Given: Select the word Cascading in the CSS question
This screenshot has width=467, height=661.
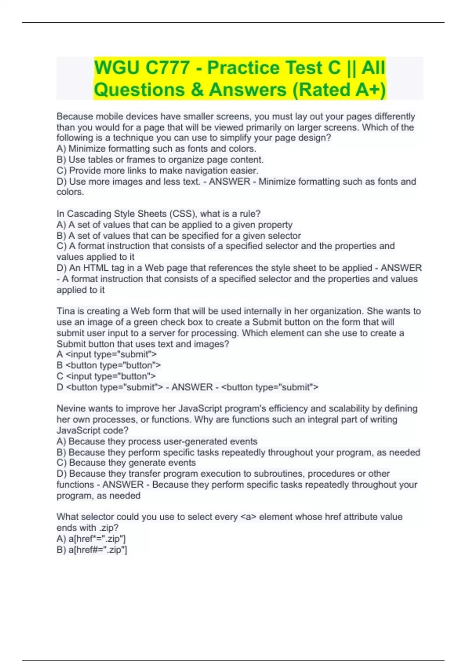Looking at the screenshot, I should click(x=84, y=214).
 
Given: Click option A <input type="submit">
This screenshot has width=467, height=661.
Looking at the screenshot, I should click(x=107, y=354).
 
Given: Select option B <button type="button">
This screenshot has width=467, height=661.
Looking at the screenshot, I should click(x=109, y=365).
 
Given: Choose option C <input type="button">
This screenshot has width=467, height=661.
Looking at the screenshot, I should click(x=106, y=376).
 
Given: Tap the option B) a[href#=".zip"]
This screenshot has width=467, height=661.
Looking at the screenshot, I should click(x=92, y=549).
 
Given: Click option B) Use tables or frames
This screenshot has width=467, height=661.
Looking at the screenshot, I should click(x=160, y=159).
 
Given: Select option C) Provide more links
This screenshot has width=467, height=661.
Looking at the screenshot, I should click(x=157, y=170).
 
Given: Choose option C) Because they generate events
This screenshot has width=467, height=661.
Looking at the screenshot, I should click(x=126, y=463).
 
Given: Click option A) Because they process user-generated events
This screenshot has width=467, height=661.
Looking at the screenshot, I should click(x=157, y=441).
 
